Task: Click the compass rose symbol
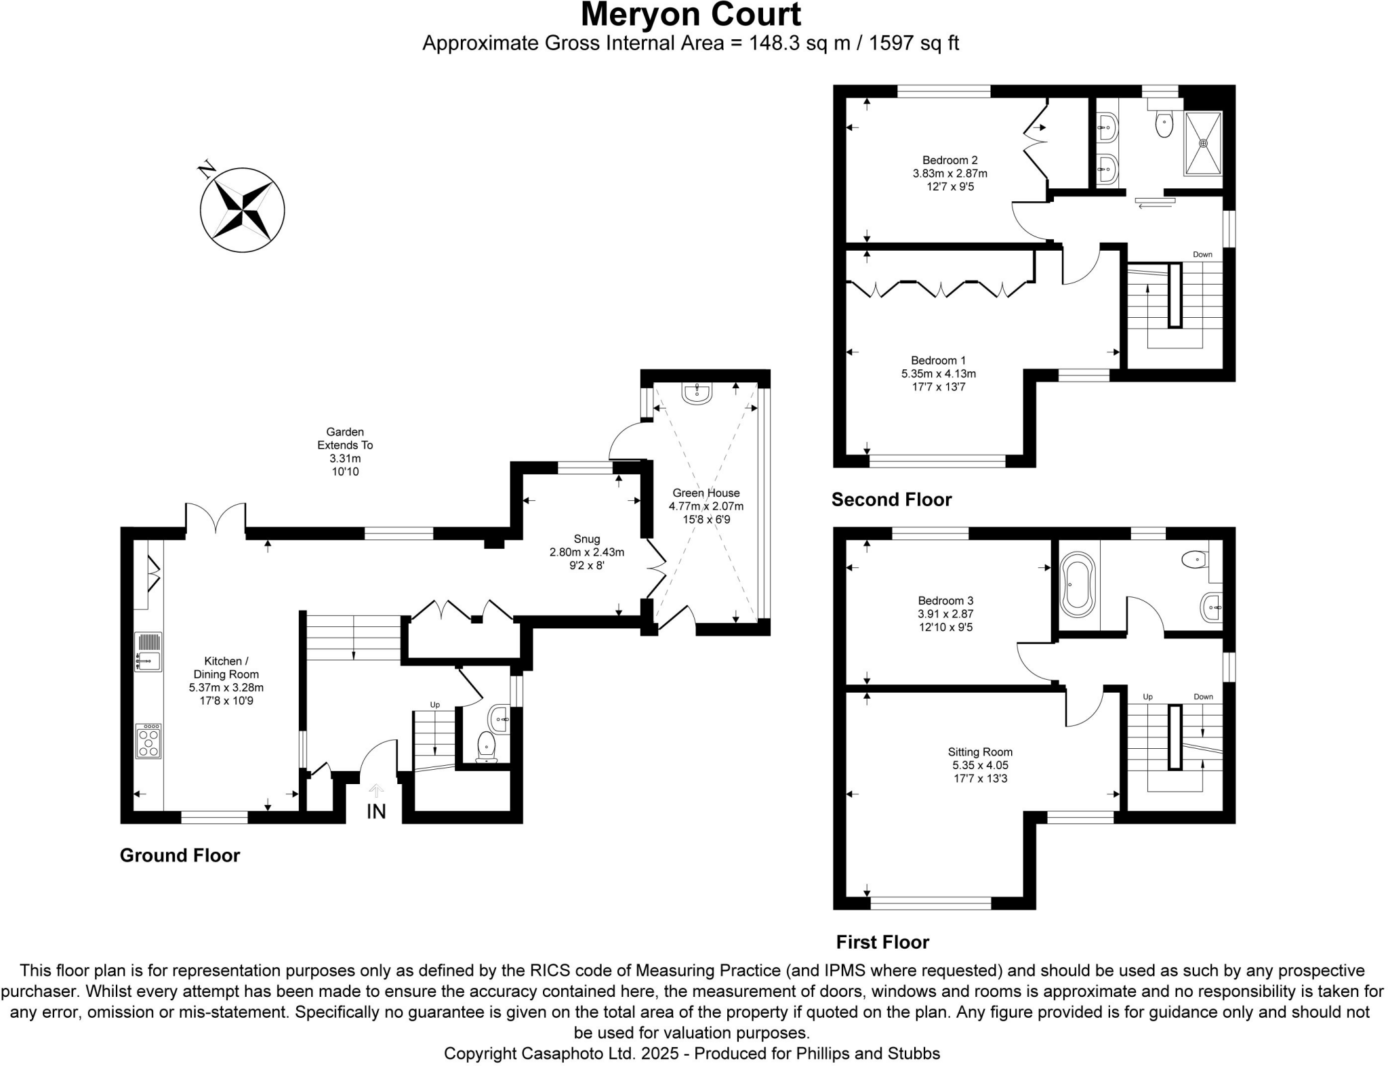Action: click(x=242, y=210)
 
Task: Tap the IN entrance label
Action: click(x=376, y=811)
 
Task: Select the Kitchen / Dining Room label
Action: click(x=226, y=668)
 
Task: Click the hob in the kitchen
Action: click(x=148, y=741)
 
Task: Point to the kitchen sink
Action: click(x=148, y=652)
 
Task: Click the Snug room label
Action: click(x=586, y=539)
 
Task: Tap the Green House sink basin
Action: click(x=697, y=392)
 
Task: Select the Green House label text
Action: click(x=706, y=493)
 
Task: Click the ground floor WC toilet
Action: click(x=486, y=745)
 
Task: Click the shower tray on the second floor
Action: click(x=1203, y=144)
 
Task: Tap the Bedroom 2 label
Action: click(x=950, y=161)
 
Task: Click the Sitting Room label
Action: click(x=980, y=752)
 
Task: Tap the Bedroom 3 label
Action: click(x=945, y=600)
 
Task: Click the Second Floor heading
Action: click(x=891, y=500)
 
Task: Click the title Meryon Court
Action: click(x=691, y=15)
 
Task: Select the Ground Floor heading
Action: click(x=180, y=855)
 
